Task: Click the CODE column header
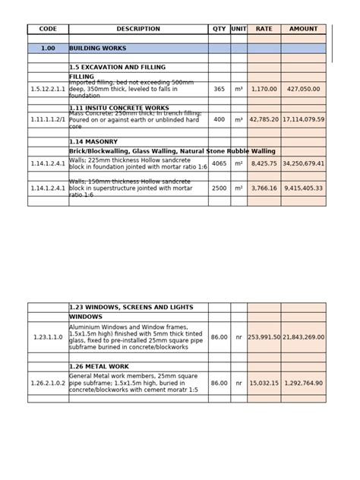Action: click(48, 29)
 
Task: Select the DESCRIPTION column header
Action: click(138, 29)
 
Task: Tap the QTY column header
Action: click(219, 29)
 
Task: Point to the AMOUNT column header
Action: click(303, 29)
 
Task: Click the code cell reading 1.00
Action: click(48, 48)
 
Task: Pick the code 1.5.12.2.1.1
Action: click(48, 89)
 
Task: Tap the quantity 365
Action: click(219, 89)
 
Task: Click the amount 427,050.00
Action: click(303, 89)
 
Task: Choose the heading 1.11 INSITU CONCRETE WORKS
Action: click(119, 108)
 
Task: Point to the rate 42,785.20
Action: click(264, 119)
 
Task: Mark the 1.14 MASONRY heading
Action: click(94, 141)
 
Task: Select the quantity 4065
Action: click(219, 163)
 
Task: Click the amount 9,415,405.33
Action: click(303, 188)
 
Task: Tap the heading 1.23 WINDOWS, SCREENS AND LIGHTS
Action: click(131, 308)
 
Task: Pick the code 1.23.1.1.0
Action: click(48, 336)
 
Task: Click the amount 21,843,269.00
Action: click(303, 336)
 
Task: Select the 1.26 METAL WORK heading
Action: click(99, 365)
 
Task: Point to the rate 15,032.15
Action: click(264, 384)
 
